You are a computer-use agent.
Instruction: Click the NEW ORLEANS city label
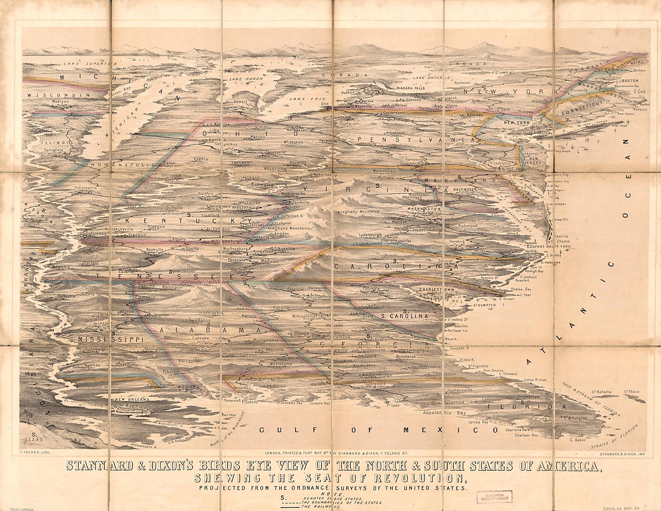pyautogui.click(x=132, y=399)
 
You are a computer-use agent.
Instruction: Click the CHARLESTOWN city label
pyautogui.click(x=436, y=290)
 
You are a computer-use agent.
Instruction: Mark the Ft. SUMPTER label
pyautogui.click(x=484, y=305)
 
